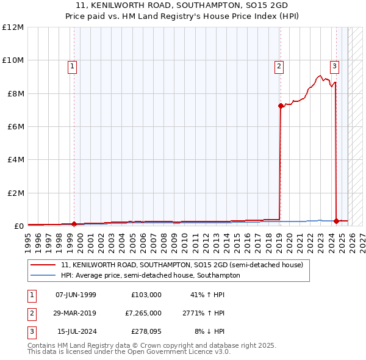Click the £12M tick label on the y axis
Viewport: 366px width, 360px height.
pyautogui.click(x=13, y=27)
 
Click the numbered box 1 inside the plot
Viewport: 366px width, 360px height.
pyautogui.click(x=72, y=67)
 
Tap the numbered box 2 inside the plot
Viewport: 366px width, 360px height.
pyautogui.click(x=279, y=67)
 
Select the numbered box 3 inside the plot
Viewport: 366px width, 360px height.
pyautogui.click(x=334, y=67)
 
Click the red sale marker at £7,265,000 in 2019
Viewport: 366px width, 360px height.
pyautogui.click(x=281, y=106)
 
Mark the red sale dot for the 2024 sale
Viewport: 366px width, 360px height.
pyautogui.click(x=336, y=221)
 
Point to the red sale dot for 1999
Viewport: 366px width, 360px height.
pyautogui.click(x=74, y=224)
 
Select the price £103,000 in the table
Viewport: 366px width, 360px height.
pyautogui.click(x=146, y=295)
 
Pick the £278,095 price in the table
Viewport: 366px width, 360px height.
pyautogui.click(x=146, y=331)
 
